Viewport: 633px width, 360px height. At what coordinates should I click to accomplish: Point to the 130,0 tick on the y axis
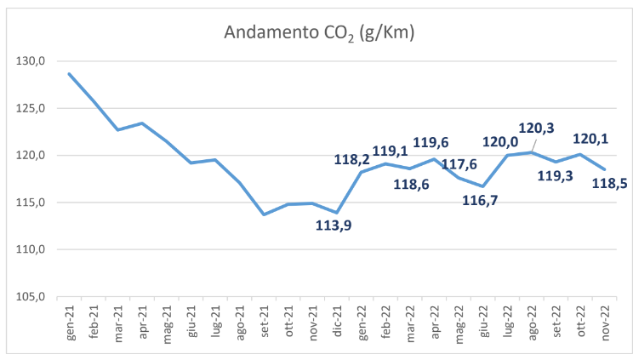click(34, 61)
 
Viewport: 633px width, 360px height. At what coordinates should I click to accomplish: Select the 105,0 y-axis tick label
click(34, 297)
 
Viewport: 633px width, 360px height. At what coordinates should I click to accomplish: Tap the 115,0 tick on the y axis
click(34, 203)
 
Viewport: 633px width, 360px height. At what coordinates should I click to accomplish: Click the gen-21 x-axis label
click(70, 321)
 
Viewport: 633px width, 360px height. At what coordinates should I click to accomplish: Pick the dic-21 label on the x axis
click(338, 321)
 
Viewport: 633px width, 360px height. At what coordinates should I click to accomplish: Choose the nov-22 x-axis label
click(607, 321)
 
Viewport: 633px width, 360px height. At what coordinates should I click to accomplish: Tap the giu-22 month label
click(484, 321)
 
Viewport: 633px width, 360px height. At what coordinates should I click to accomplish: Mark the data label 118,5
click(608, 183)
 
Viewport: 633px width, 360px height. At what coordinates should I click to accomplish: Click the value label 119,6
click(431, 142)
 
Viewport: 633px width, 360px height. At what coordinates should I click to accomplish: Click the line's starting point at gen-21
click(69, 74)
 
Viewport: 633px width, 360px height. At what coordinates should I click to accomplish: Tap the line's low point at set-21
click(264, 214)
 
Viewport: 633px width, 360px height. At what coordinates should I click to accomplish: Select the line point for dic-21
click(338, 213)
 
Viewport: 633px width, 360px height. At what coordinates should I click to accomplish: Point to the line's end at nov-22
click(607, 169)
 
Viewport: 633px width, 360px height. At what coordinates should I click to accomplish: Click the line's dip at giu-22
click(484, 186)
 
